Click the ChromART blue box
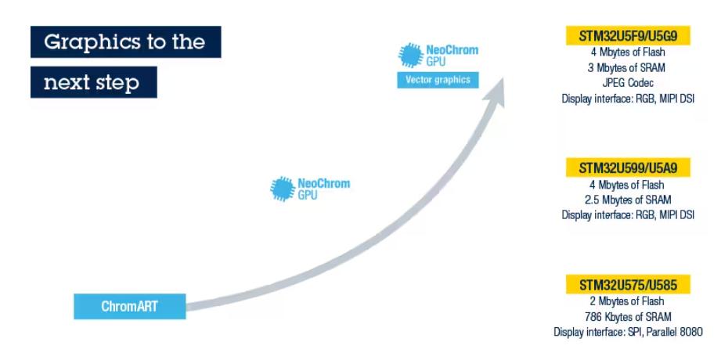click(x=129, y=306)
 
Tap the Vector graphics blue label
click(x=438, y=80)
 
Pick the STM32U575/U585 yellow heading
click(x=628, y=284)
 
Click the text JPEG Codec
click(x=628, y=82)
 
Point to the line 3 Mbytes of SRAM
click(x=628, y=67)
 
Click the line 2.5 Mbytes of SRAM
click(x=628, y=200)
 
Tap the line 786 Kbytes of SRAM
click(x=628, y=317)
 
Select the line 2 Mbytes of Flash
click(x=628, y=301)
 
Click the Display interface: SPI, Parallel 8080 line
click(x=628, y=333)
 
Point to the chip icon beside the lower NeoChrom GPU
click(x=283, y=189)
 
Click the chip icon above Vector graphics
click(x=410, y=56)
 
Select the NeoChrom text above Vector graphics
click(x=452, y=50)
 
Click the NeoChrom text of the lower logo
click(x=323, y=184)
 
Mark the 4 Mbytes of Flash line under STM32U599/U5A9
click(x=628, y=185)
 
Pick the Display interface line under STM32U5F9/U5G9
click(x=628, y=98)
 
